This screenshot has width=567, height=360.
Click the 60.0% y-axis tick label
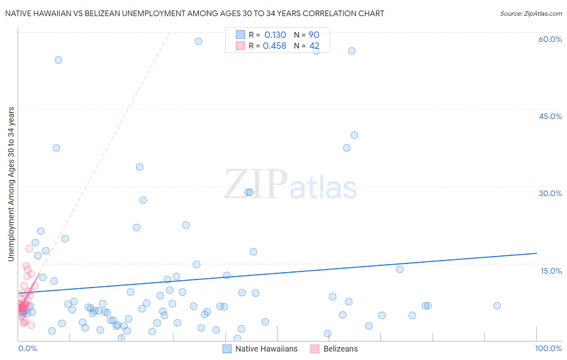coord(550,39)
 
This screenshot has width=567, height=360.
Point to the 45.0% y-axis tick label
coord(550,116)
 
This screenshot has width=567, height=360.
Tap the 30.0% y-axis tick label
coord(550,193)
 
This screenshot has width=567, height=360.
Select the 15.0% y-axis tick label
coord(551,271)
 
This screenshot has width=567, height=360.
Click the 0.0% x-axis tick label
coord(27,348)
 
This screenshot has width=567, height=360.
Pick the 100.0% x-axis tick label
coord(548,348)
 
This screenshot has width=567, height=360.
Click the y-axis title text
coord(11,184)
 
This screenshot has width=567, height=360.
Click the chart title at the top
coord(194,13)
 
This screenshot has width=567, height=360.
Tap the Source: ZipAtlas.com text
coord(531,13)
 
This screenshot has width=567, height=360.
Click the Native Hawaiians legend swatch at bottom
coord(227,349)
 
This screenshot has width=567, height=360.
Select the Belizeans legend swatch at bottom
coord(315,349)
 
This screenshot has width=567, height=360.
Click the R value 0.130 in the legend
coord(275,35)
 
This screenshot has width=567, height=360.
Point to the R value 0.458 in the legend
coord(274,46)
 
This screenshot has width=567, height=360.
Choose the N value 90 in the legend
coord(314,35)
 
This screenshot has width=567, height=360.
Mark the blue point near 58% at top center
coord(198,41)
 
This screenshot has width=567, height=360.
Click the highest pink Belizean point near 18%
coord(29,249)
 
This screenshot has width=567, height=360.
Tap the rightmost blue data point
coord(497,306)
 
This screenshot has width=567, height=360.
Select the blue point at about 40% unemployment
coord(354,135)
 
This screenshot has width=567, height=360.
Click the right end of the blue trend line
coord(536,253)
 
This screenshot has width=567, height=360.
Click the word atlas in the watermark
coord(323,188)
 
